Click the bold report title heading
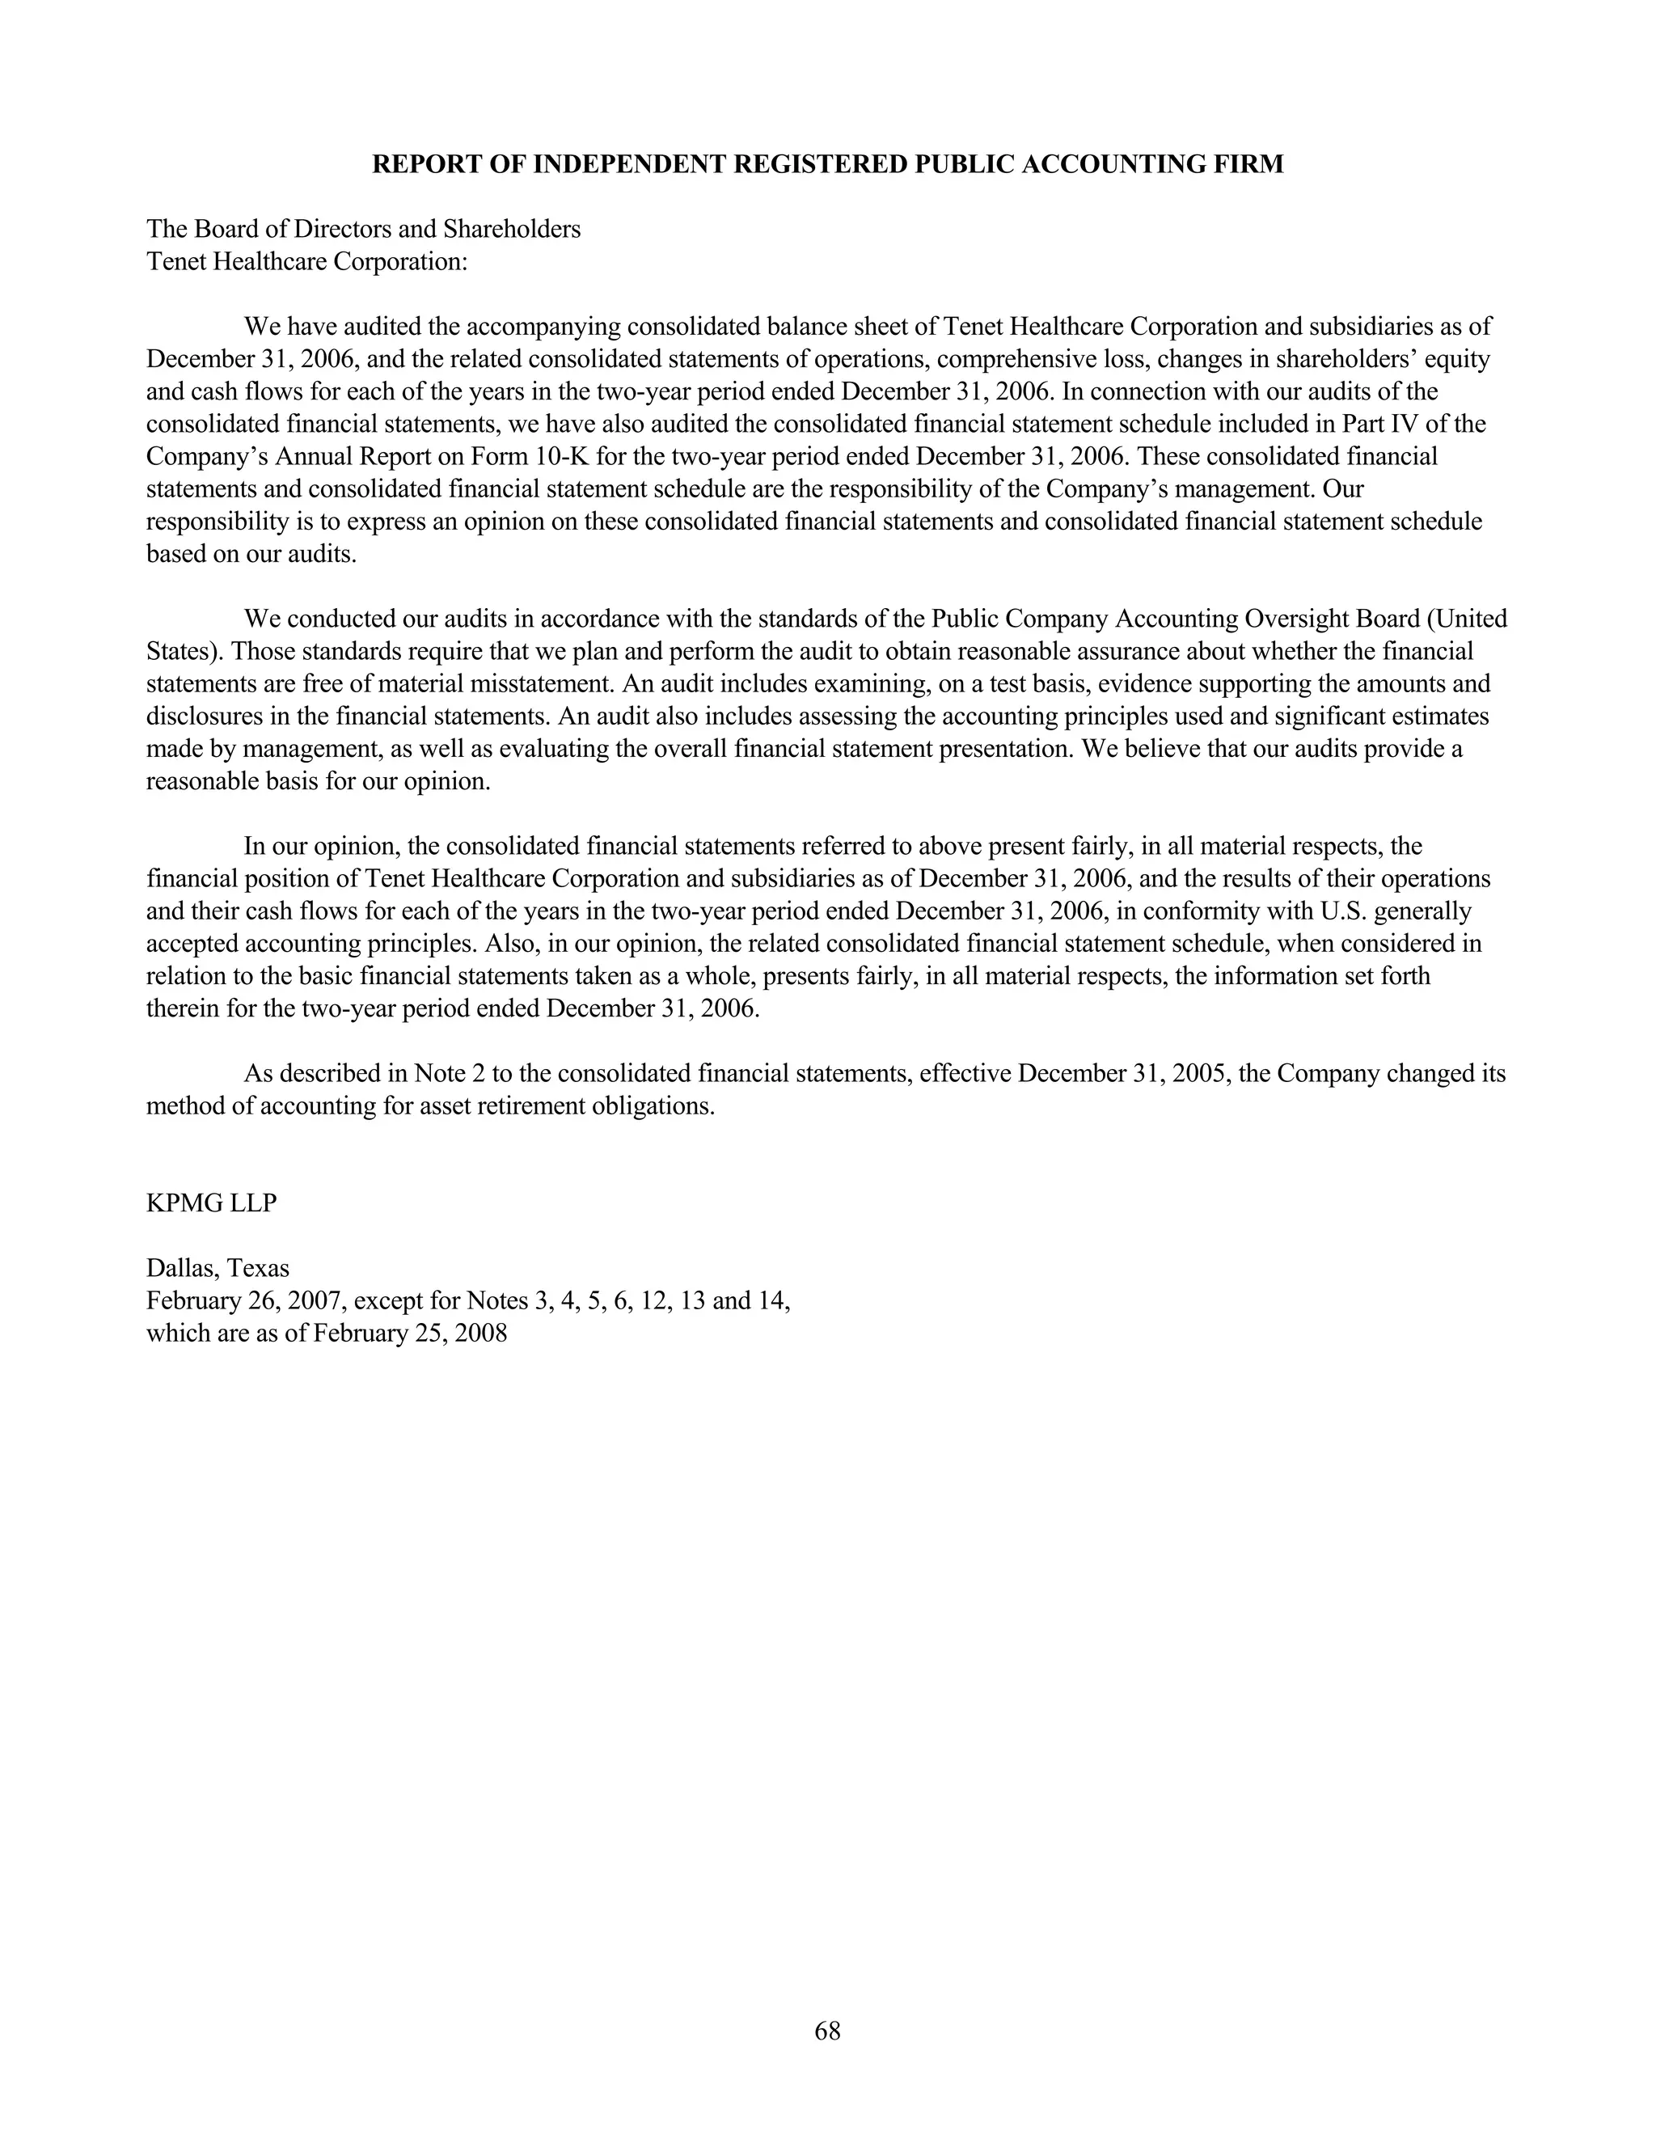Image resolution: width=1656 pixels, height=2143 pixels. [827, 164]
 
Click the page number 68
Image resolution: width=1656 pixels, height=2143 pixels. [827, 2031]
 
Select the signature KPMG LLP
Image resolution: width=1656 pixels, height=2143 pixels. [211, 1203]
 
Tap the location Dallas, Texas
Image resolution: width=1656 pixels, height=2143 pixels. [218, 1268]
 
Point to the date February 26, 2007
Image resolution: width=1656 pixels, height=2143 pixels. [245, 1301]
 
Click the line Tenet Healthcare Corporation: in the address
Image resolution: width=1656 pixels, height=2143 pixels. [307, 262]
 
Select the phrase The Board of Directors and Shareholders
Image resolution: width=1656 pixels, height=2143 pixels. [363, 230]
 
